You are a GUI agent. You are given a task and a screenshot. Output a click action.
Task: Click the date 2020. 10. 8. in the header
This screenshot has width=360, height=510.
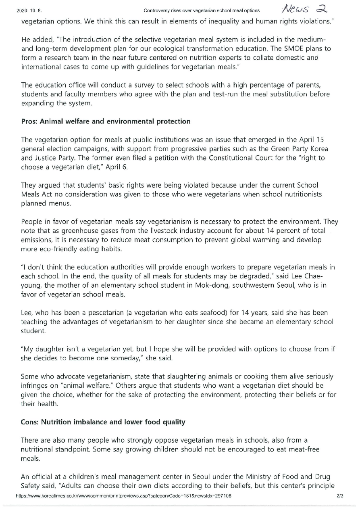pyautogui.click(x=25, y=10)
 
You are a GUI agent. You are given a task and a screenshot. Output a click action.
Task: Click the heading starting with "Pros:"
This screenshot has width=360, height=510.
pyautogui.click(x=106, y=121)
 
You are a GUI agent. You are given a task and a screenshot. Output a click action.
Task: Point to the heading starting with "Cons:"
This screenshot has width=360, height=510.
pyautogui.click(x=103, y=422)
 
